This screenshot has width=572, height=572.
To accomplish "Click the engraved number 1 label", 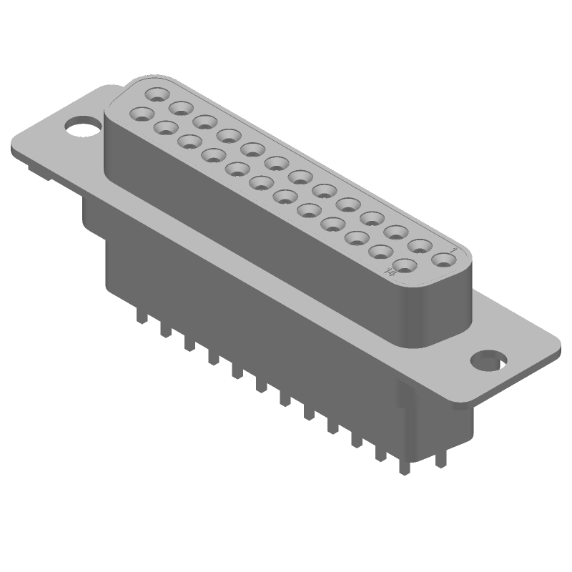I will (455, 251).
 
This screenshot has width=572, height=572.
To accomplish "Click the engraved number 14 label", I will (390, 272).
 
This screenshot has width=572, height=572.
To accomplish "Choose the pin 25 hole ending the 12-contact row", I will (142, 114).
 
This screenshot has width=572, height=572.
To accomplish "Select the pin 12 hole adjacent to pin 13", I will (180, 108).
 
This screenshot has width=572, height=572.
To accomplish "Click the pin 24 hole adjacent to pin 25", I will (165, 128).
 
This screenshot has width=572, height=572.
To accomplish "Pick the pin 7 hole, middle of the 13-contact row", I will (300, 177).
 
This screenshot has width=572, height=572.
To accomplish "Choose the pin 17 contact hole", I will (333, 223).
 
